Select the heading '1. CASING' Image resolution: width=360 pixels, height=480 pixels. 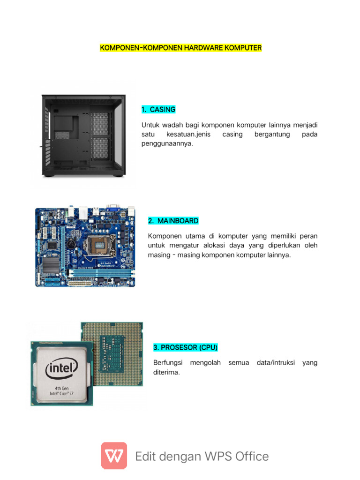(158, 110)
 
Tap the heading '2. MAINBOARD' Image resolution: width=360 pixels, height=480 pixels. (173, 221)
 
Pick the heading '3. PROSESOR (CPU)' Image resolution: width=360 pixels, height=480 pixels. (186, 348)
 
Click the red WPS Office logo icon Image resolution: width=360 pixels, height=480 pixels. (114, 456)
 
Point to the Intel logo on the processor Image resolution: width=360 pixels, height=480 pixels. (61, 370)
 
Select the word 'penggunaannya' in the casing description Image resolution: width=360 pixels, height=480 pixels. (167, 144)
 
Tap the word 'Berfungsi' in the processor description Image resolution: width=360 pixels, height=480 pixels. (167, 363)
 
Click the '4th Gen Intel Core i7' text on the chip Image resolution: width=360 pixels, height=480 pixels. (62, 391)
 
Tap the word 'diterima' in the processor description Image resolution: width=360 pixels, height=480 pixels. (166, 373)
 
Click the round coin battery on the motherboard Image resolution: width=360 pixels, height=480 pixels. (72, 244)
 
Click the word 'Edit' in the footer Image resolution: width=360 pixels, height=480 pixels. (146, 456)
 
